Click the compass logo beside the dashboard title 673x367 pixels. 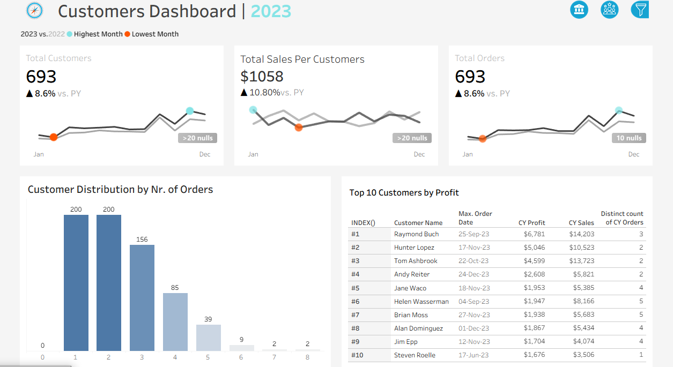click(34, 11)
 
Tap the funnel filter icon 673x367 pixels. click(640, 10)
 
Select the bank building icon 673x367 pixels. click(579, 10)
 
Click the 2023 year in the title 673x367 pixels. click(271, 11)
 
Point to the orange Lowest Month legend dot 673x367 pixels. click(128, 34)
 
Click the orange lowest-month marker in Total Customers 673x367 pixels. click(54, 137)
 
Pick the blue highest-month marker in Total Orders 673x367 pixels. click(619, 110)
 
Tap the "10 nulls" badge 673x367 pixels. click(629, 138)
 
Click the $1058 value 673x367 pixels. click(262, 76)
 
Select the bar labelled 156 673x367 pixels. click(142, 298)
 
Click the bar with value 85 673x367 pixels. click(175, 322)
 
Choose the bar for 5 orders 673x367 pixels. click(209, 338)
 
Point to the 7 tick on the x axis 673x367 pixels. click(274, 357)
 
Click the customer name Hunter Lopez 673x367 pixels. click(414, 248)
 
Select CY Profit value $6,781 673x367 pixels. click(534, 234)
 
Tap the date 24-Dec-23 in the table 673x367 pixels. click(474, 274)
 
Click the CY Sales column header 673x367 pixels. click(581, 223)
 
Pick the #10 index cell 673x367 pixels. click(357, 355)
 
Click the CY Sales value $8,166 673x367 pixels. click(583, 301)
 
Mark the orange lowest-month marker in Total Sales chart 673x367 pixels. click(299, 128)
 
